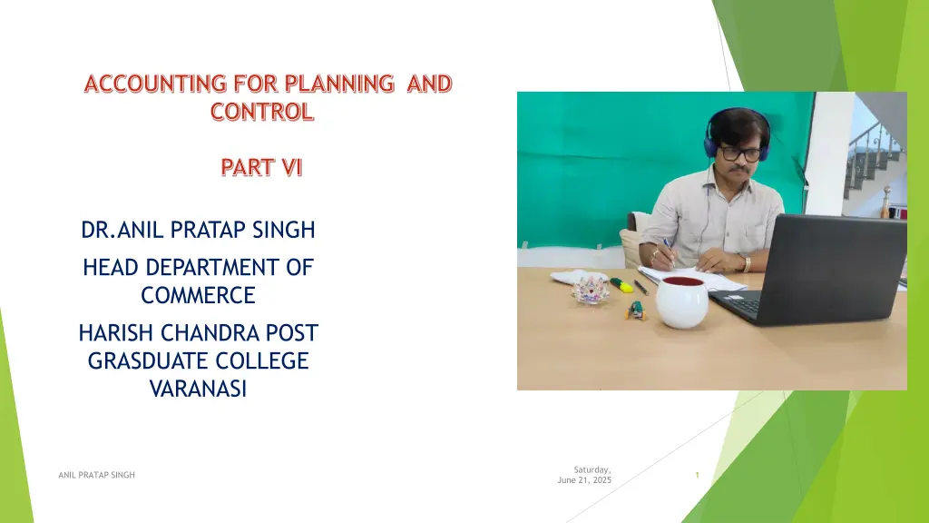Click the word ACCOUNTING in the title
pyautogui.click(x=153, y=84)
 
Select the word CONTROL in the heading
pyautogui.click(x=262, y=113)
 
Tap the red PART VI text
pyautogui.click(x=261, y=168)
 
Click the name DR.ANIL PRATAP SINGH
pyautogui.click(x=198, y=231)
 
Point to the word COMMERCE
pyautogui.click(x=198, y=295)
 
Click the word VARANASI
pyautogui.click(x=198, y=390)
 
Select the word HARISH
pyautogui.click(x=115, y=333)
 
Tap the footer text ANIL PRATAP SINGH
pyautogui.click(x=95, y=475)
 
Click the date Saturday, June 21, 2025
pyautogui.click(x=584, y=474)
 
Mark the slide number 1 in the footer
pyautogui.click(x=697, y=475)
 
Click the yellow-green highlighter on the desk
pyautogui.click(x=621, y=284)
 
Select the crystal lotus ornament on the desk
pyautogui.click(x=591, y=290)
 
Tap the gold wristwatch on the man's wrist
pyautogui.click(x=747, y=264)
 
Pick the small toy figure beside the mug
pyautogui.click(x=637, y=311)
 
